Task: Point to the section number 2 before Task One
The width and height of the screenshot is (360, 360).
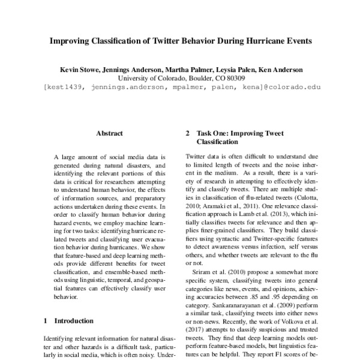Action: tap(188, 133)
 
